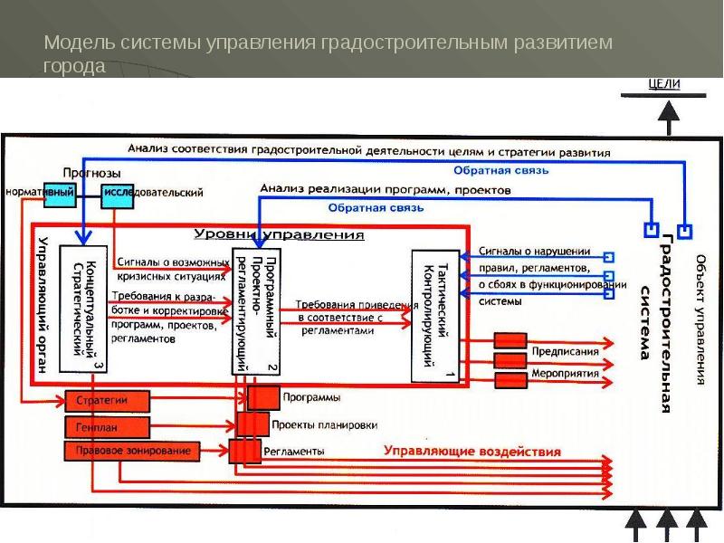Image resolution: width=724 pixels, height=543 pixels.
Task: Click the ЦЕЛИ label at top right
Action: click(665, 84)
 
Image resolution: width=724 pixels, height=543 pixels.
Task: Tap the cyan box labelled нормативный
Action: click(40, 193)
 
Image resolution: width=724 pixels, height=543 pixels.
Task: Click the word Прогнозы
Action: click(91, 173)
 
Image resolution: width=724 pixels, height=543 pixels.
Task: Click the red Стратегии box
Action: click(101, 399)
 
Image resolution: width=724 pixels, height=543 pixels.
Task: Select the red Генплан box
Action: click(90, 426)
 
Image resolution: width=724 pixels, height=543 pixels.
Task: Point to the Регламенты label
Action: click(294, 450)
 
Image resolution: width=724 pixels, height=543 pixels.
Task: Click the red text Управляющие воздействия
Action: click(472, 450)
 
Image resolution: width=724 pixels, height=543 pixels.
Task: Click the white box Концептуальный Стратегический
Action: click(83, 308)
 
